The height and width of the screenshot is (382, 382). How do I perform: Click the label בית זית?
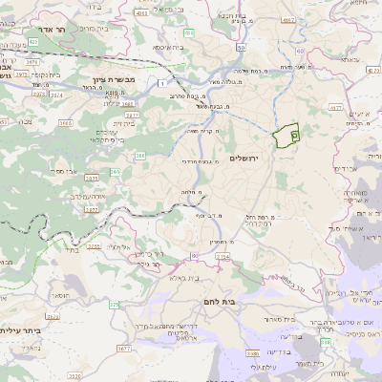tap(123, 123)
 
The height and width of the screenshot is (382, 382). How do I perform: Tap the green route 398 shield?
tap(326, 341)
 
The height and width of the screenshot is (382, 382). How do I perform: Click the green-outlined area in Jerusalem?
tap(286, 137)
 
